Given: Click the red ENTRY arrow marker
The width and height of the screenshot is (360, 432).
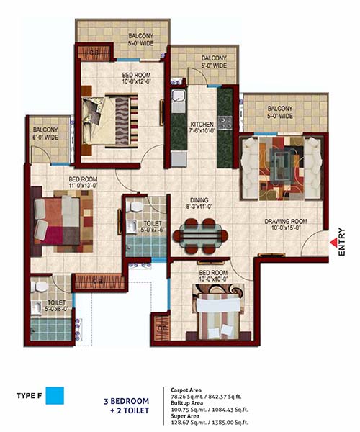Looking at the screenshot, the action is (x=333, y=243).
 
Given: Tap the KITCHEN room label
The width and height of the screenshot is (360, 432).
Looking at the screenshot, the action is (x=202, y=125).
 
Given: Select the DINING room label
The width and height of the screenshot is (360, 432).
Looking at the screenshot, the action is (x=199, y=200).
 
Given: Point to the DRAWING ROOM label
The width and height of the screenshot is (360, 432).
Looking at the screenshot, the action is (x=286, y=221).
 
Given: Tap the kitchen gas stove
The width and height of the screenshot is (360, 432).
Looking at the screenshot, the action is (x=225, y=123).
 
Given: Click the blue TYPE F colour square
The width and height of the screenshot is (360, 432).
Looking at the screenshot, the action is (x=55, y=395).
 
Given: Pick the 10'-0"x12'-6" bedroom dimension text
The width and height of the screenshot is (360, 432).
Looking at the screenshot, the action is (x=137, y=81).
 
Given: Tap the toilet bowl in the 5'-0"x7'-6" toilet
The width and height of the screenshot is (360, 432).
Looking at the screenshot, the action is (x=135, y=206).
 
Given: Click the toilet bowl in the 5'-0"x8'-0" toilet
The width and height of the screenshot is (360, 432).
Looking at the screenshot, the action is (x=40, y=287).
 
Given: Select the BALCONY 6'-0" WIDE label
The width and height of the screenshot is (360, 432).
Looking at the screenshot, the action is (x=45, y=133).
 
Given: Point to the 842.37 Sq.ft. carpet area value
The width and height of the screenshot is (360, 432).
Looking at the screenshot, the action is (x=225, y=397).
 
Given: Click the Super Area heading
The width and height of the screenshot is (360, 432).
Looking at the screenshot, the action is (x=184, y=416).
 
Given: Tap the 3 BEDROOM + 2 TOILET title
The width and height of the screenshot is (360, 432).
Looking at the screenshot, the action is (x=127, y=406).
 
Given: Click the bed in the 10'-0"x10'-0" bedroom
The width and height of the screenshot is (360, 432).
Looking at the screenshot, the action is (x=218, y=315).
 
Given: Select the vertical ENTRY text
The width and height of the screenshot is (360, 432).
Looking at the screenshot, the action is (x=342, y=242).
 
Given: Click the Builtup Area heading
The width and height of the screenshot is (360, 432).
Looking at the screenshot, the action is (x=186, y=403).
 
